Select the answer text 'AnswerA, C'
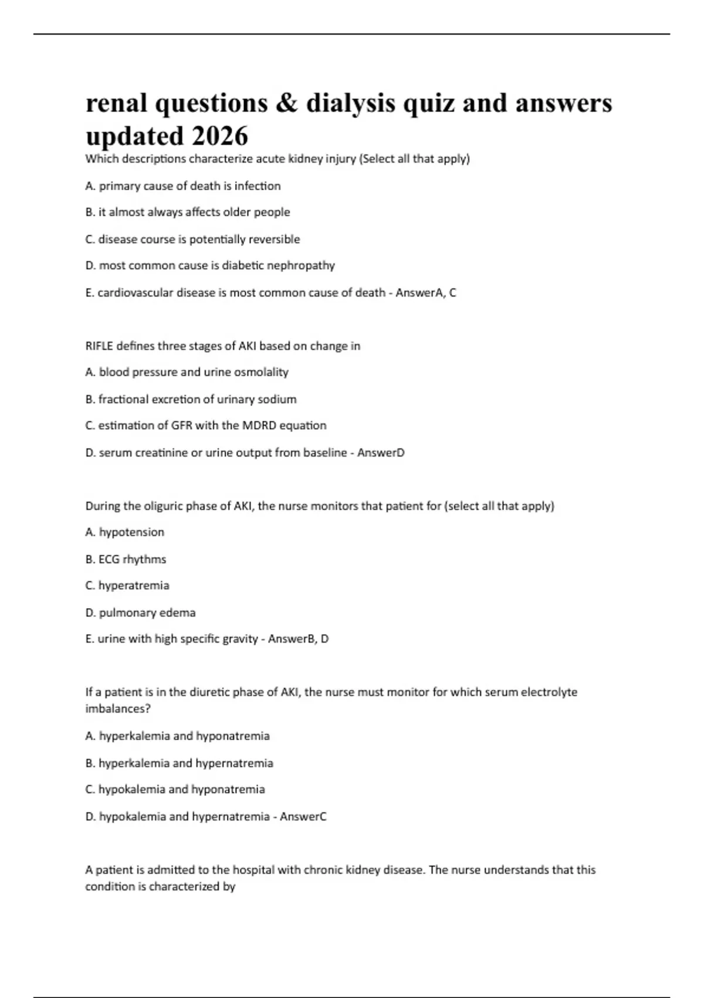[x=426, y=292]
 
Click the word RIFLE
[x=99, y=346]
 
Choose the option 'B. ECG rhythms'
[x=126, y=559]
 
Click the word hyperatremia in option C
[x=134, y=585]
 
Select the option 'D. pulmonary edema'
[x=140, y=612]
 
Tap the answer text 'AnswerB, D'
[x=298, y=639]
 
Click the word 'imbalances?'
[x=118, y=709]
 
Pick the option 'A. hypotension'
[x=124, y=532]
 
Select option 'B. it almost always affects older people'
[x=188, y=212]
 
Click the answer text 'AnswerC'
[x=303, y=816]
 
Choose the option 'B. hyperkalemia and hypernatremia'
[x=179, y=763]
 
